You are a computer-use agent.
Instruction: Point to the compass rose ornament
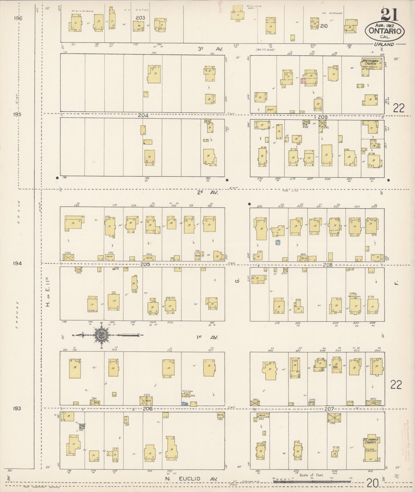[x=101, y=335]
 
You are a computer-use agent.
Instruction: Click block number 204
[x=143, y=115]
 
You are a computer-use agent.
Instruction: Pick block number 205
[x=145, y=264]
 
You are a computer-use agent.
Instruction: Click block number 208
[x=327, y=265]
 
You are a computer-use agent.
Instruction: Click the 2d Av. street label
[x=208, y=193]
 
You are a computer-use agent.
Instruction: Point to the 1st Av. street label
[x=207, y=337]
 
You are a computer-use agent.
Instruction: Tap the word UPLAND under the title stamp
[x=384, y=44]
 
